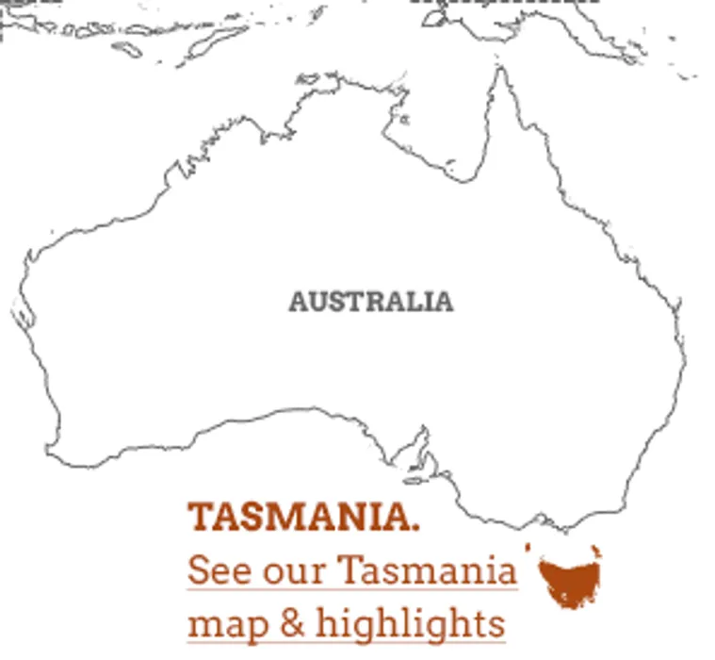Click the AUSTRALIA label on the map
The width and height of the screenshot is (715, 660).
click(370, 302)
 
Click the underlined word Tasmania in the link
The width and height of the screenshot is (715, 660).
click(427, 570)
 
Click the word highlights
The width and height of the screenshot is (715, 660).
click(411, 624)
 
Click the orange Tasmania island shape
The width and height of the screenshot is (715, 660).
click(569, 580)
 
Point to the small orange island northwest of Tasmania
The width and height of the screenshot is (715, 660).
click(528, 547)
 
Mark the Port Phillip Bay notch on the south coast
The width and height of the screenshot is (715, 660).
click(540, 518)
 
